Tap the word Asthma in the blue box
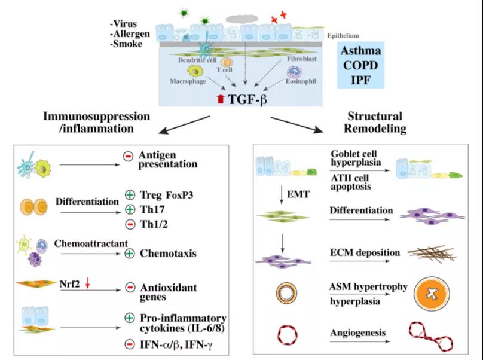point(361,51)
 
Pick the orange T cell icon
point(227,63)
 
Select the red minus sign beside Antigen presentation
point(128,156)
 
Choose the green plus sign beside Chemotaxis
point(129,254)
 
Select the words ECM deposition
point(365,252)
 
